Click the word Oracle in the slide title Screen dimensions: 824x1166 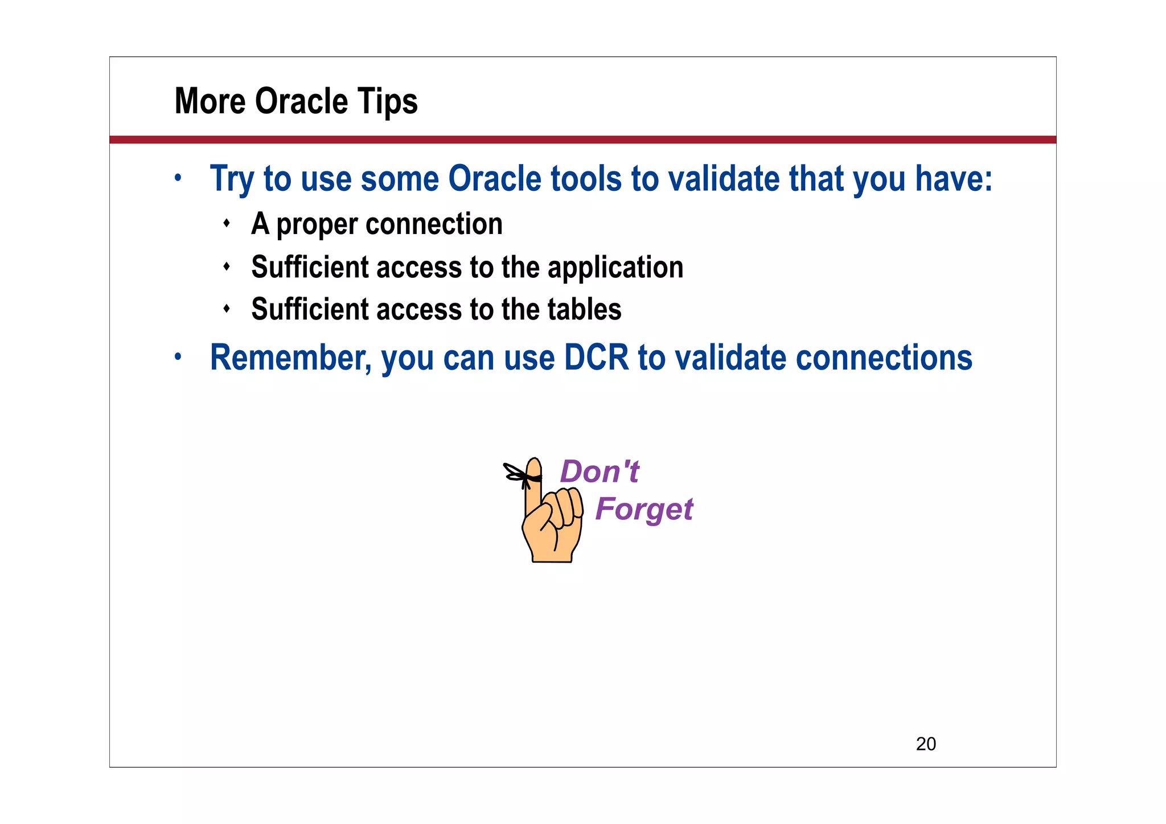[x=301, y=101]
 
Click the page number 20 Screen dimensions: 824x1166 [x=926, y=744]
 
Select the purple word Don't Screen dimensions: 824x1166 [x=600, y=472]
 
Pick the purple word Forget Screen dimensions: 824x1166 [x=643, y=509]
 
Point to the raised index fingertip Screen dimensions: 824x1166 [x=534, y=465]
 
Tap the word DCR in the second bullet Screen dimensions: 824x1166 [x=596, y=358]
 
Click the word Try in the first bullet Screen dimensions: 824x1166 [x=231, y=179]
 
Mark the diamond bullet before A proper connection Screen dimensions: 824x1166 [x=227, y=223]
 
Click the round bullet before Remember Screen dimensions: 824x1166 [x=178, y=357]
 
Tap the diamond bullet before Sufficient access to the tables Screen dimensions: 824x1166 [x=227, y=309]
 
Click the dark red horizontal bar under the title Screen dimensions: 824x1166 [x=582, y=140]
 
